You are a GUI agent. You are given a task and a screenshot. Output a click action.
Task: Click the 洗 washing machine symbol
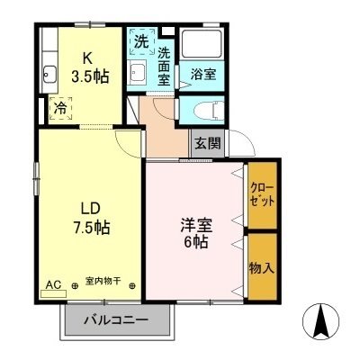point(140,41)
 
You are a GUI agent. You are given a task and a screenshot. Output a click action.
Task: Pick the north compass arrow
point(321,319)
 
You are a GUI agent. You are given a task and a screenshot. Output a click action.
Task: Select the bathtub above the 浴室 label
point(206,45)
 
